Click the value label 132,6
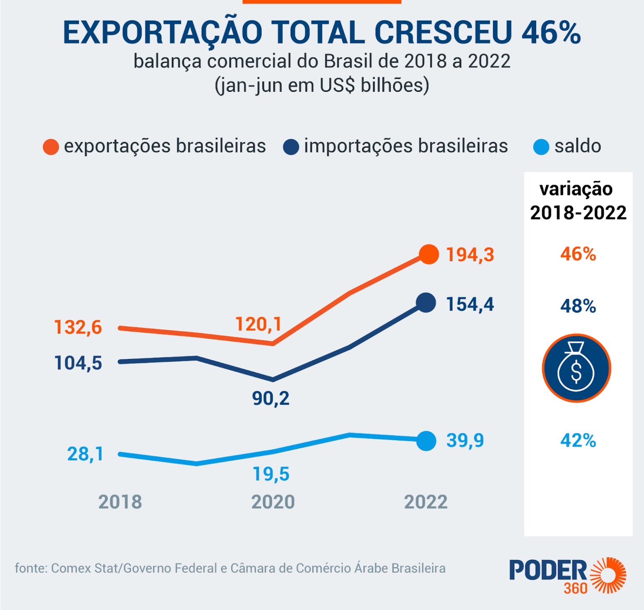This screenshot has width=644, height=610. (78, 327)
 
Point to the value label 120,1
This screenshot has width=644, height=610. (258, 324)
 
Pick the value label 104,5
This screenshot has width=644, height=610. (78, 363)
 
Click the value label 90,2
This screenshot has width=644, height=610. (271, 398)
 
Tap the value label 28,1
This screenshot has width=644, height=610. (85, 454)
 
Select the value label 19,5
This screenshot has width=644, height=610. (271, 474)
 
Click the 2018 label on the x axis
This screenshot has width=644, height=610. (120, 502)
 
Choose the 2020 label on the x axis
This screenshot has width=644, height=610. (273, 502)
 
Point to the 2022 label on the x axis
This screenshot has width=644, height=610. (426, 502)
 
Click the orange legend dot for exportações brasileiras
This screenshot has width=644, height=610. (51, 147)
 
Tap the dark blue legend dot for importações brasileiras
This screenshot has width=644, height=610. (291, 147)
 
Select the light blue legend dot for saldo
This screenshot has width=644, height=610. (541, 147)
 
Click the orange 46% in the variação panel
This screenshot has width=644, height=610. (578, 254)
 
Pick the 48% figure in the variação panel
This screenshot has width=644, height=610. (578, 306)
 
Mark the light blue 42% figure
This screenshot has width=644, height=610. (578, 441)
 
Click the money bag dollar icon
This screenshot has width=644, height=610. (576, 368)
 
